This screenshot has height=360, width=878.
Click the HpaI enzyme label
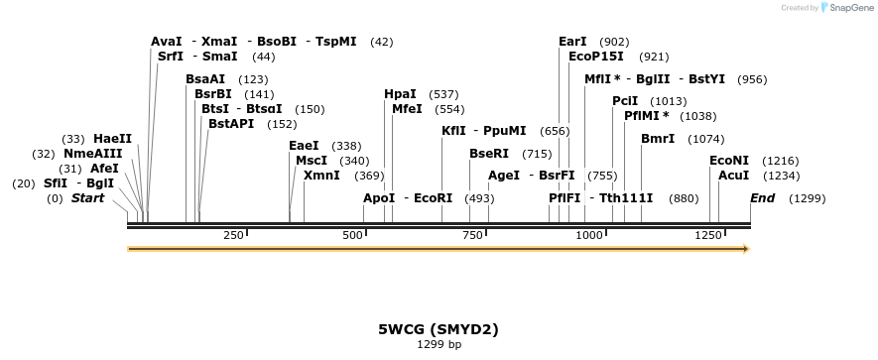click(x=400, y=94)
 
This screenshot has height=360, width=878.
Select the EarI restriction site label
click(x=572, y=42)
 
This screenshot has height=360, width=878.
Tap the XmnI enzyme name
click(x=321, y=176)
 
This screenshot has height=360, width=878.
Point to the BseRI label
click(x=488, y=154)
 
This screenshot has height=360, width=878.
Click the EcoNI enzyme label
click(x=728, y=161)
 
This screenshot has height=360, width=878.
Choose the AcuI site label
click(x=733, y=176)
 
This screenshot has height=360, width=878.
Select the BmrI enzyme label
click(x=658, y=139)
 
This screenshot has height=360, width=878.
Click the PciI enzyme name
click(x=625, y=101)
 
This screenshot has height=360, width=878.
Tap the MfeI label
click(x=407, y=109)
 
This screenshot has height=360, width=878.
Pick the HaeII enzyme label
click(x=112, y=139)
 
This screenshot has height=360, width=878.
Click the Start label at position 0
click(x=87, y=198)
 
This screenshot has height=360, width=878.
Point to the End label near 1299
click(x=762, y=198)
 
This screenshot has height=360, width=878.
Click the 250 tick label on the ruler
click(x=233, y=235)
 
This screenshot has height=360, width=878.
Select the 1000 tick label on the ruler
click(x=589, y=235)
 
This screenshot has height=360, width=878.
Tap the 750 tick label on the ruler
click(x=472, y=235)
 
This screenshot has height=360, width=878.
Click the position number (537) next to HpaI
click(x=443, y=94)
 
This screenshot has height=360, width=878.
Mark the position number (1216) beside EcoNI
click(x=780, y=161)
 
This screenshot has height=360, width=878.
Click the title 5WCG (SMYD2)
click(x=439, y=328)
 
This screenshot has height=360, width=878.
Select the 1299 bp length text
click(x=439, y=345)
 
